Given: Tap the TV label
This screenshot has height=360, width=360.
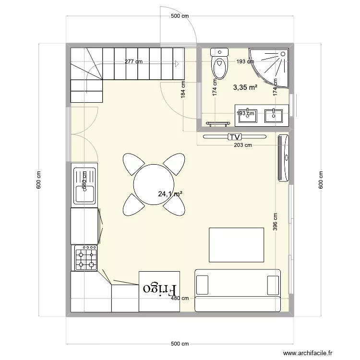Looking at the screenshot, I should tap(234, 137).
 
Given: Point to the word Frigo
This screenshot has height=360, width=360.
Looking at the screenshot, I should tap(160, 289).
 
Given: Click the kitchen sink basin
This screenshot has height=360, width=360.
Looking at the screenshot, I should tap(84, 194).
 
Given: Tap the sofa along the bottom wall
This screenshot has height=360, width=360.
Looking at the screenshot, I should tap(238, 290).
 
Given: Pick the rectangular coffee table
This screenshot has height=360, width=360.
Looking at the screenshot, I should tap(237, 245).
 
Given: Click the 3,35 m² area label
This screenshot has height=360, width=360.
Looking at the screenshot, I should tap(245, 87).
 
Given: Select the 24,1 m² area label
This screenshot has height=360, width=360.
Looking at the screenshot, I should tap(170, 194).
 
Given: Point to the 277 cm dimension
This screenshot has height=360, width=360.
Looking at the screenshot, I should tap(133, 61).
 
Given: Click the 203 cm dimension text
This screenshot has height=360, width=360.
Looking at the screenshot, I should tap(242, 144).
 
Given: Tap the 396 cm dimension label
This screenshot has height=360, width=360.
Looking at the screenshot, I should tap(275, 222).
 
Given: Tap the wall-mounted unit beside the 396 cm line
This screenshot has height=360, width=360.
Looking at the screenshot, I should tap(284, 158).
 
